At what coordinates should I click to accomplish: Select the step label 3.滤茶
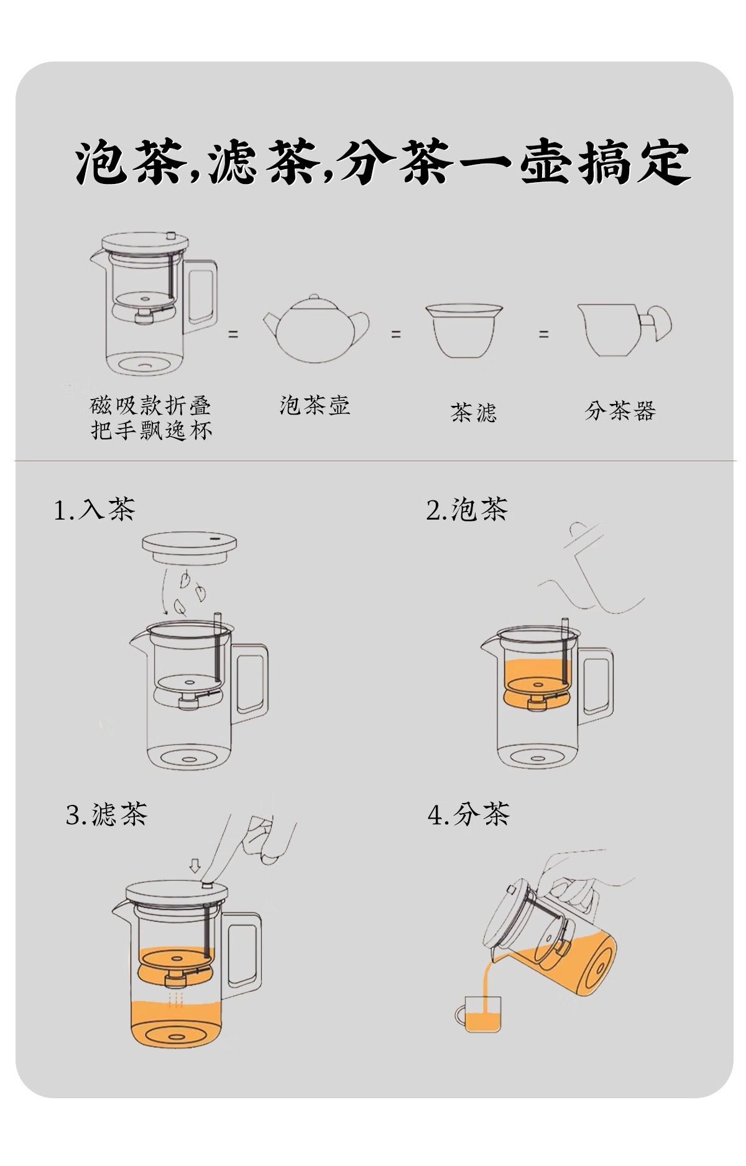click(x=107, y=814)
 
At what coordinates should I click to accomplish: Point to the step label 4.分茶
click(x=469, y=814)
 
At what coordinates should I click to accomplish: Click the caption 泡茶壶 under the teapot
click(x=315, y=405)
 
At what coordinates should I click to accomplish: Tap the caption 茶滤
click(x=474, y=412)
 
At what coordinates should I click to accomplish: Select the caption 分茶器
click(x=620, y=410)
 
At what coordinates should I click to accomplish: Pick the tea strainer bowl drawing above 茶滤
click(x=464, y=331)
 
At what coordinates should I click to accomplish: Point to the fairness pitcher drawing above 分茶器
click(x=624, y=330)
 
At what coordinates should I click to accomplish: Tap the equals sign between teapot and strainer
click(x=396, y=334)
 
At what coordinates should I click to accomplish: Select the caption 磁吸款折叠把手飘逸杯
click(x=151, y=418)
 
